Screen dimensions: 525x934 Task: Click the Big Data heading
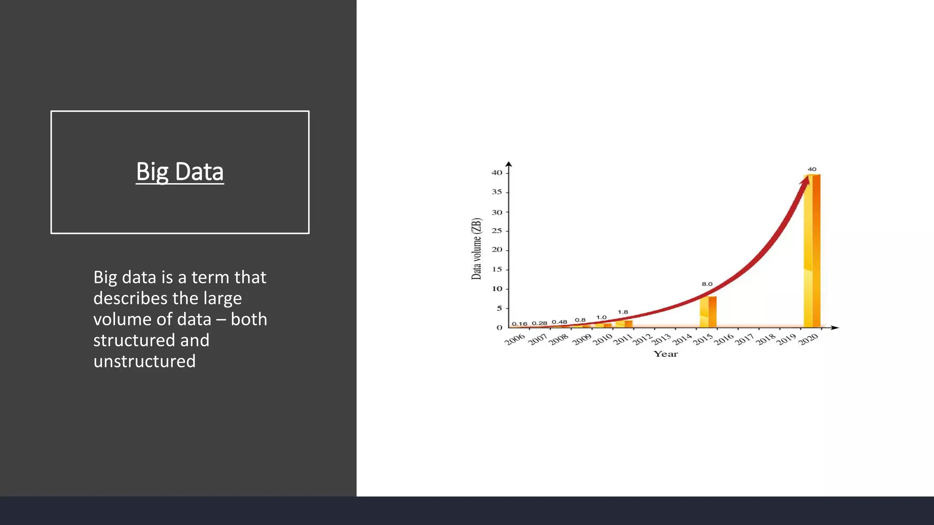tap(180, 172)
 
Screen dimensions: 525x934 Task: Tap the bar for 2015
tap(708, 312)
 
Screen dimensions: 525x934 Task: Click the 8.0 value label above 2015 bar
tap(707, 284)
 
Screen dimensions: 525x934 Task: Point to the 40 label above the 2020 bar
tap(812, 169)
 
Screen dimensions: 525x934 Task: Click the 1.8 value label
tap(623, 312)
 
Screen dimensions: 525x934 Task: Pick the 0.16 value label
tap(519, 324)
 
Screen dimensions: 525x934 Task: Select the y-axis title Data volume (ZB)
tap(476, 249)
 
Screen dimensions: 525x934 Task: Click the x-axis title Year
tap(665, 354)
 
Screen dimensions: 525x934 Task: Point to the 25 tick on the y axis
tap(497, 231)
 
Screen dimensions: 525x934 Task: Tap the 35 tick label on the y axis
tap(497, 192)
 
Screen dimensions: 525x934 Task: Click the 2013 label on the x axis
tap(661, 340)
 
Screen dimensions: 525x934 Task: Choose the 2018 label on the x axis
tap(766, 340)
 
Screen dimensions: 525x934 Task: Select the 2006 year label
tap(515, 340)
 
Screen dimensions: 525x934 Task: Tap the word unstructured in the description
tap(145, 361)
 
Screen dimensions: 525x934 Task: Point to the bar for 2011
tap(624, 324)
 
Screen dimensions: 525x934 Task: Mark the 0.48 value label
tap(560, 322)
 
